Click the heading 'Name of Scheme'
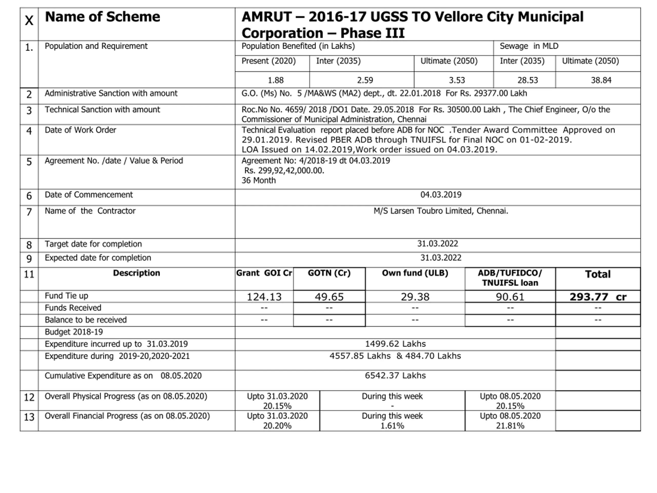coord(102,17)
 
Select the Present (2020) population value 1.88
coord(275,80)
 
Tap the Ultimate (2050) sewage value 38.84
coord(601,80)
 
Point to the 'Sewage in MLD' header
coord(529,46)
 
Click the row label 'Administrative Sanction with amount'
coord(111,93)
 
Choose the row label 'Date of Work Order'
coord(80,130)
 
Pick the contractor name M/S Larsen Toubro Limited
coord(440,211)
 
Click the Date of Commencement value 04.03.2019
coord(440,195)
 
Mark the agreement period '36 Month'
coord(258,180)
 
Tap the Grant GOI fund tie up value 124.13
coord(264,297)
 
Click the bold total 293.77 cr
coord(598,297)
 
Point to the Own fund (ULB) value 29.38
coord(415,297)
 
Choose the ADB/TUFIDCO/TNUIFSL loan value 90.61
coord(510,297)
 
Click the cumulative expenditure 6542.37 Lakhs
coord(395,376)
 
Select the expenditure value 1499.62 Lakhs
coord(395,344)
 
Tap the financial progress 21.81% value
coord(510,426)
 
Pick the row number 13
coord(29,417)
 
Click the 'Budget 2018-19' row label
coord(74,332)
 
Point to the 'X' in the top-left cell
coord(29,21)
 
